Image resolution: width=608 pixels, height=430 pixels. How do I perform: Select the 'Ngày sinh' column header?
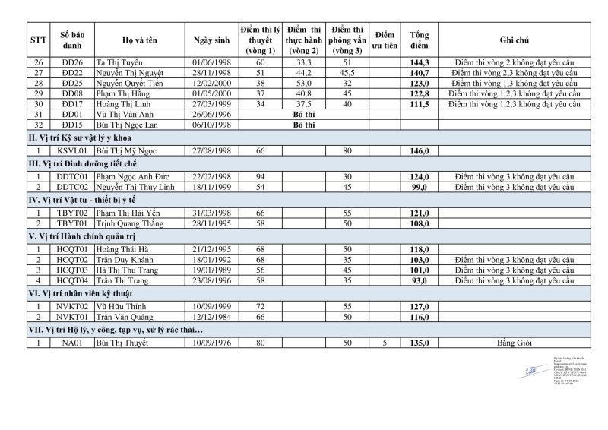click(x=207, y=40)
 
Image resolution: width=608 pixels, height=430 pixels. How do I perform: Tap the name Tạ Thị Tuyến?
click(x=120, y=62)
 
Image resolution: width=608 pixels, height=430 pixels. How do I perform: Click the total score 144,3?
click(x=420, y=62)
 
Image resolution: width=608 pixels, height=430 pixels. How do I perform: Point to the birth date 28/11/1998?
click(x=207, y=73)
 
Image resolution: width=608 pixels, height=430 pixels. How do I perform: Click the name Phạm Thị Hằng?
click(x=120, y=93)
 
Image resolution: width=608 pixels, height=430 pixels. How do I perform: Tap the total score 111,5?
click(x=420, y=104)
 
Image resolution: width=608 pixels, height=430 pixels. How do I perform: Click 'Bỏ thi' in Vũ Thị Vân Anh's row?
click(x=303, y=115)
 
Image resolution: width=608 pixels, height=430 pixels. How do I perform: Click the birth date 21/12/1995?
click(x=207, y=250)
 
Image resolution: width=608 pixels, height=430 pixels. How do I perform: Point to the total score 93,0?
click(x=420, y=281)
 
